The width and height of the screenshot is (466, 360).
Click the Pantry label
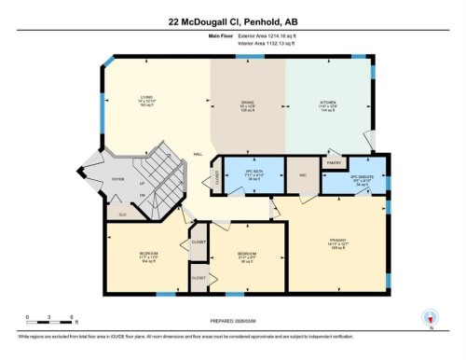point(332,160)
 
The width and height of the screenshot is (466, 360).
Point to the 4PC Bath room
point(250,174)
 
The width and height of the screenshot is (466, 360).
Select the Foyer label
point(117,182)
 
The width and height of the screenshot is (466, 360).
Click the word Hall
point(198,155)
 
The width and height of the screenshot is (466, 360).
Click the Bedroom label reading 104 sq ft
point(146,256)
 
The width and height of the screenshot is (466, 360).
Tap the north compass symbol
point(430,318)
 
